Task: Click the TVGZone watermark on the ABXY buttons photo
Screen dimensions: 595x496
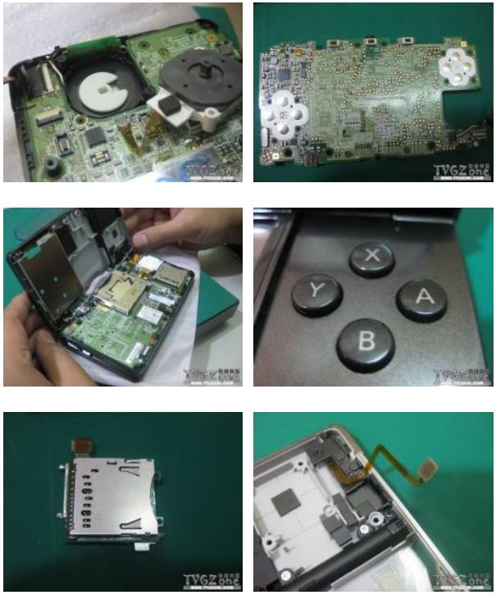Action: coord(463,375)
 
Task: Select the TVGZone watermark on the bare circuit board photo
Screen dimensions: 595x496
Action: coord(463,172)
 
